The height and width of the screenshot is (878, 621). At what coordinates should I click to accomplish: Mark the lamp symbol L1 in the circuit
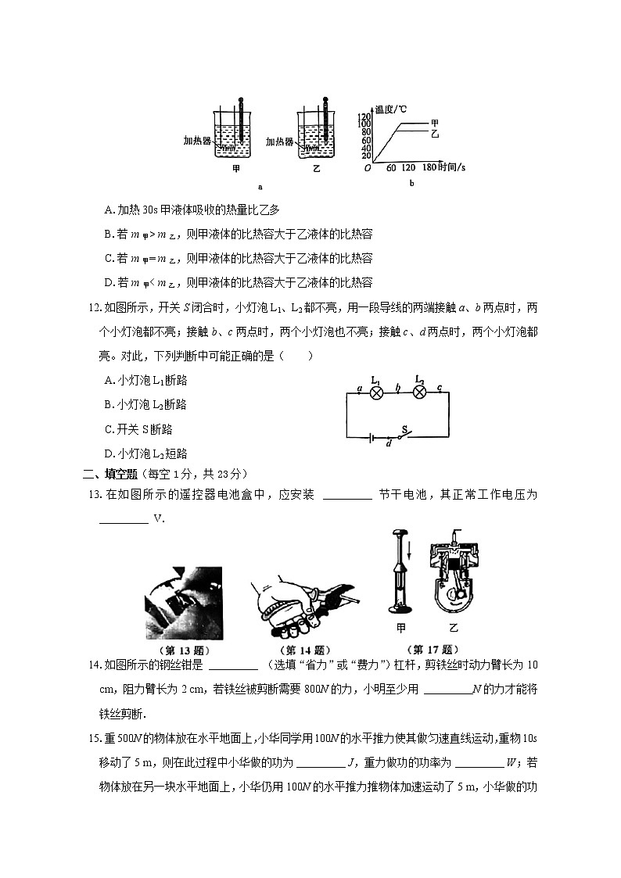point(375,393)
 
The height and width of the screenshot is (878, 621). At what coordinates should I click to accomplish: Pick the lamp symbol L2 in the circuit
point(420,393)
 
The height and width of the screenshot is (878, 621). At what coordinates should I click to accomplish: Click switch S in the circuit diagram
point(404,435)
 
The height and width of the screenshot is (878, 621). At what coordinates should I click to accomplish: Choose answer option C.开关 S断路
point(138,429)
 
